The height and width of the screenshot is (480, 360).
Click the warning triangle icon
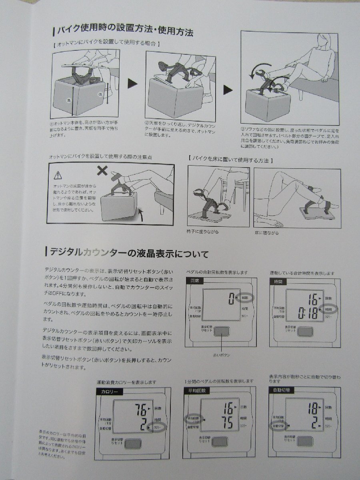(x=58, y=175)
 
